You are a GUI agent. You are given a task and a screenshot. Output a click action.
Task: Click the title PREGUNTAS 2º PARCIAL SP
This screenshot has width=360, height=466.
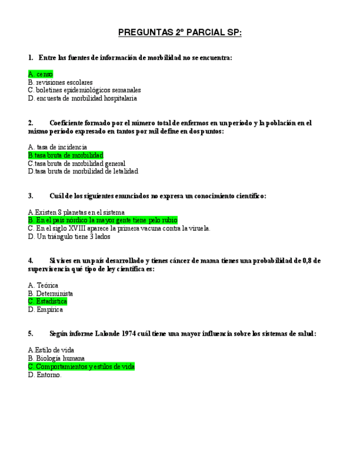pyautogui.click(x=180, y=33)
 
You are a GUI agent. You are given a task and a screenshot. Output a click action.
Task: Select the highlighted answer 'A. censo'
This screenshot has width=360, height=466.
pyautogui.click(x=41, y=74)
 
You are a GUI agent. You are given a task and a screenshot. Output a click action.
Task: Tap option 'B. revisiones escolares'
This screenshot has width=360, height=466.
pyautogui.click(x=60, y=82)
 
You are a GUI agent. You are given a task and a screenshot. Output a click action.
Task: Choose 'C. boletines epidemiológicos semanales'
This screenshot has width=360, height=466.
pyautogui.click(x=84, y=90)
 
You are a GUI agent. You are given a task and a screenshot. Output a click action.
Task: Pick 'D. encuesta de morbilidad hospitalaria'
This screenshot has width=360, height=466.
pyautogui.click(x=82, y=98)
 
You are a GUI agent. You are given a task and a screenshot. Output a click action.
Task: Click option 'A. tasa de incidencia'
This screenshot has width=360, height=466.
pyautogui.click(x=57, y=147)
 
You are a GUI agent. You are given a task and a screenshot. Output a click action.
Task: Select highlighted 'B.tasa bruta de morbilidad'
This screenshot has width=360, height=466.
pyautogui.click(x=65, y=156)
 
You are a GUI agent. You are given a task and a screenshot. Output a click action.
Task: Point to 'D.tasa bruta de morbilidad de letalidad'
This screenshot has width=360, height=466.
pyautogui.click(x=83, y=171)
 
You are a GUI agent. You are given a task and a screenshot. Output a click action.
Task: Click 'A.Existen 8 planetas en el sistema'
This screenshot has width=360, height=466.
pyautogui.click(x=76, y=212)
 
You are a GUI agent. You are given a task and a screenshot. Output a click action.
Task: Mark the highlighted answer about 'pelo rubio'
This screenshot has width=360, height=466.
pyautogui.click(x=102, y=220)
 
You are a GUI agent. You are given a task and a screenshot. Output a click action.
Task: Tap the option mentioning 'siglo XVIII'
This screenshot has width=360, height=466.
pyautogui.click(x=119, y=229)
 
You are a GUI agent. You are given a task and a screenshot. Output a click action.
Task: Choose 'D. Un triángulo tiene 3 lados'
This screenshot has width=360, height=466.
pyautogui.click(x=69, y=237)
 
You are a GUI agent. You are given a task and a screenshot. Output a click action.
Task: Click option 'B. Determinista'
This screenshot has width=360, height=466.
pyautogui.click(x=50, y=294)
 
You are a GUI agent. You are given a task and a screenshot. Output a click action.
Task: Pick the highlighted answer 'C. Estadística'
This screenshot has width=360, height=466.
pyautogui.click(x=47, y=302)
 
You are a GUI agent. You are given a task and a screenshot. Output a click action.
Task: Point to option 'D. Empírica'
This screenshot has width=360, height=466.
pyautogui.click(x=45, y=310)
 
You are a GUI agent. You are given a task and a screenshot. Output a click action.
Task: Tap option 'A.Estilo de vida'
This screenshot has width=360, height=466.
pyautogui.click(x=51, y=350)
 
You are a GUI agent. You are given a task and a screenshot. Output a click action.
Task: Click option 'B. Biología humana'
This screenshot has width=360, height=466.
pyautogui.click(x=56, y=358)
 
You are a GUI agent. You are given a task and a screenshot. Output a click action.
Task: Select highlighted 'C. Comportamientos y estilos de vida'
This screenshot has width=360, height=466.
pyautogui.click(x=81, y=367)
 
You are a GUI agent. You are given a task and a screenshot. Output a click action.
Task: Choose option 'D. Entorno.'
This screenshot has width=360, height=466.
pyautogui.click(x=45, y=375)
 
